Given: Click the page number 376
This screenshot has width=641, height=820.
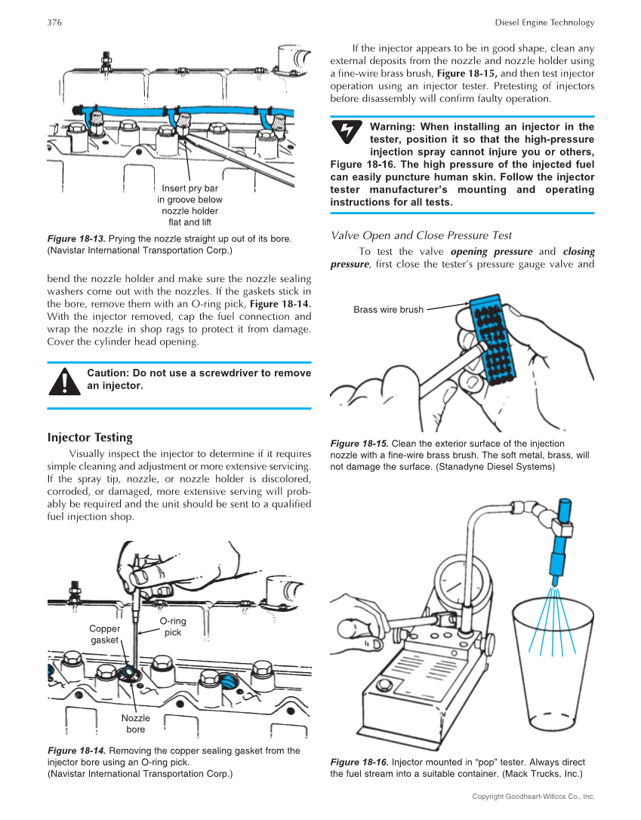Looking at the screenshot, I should coord(54,23).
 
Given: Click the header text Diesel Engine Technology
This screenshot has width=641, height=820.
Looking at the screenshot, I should coord(544,23).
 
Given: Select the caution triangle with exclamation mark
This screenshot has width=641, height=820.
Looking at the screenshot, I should coord(64,380).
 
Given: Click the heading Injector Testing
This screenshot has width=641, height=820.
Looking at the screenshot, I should coord(90,438).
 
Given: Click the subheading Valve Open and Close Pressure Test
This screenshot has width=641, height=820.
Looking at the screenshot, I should coord(421,235).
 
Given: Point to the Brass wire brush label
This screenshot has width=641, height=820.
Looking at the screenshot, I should coord(388,309).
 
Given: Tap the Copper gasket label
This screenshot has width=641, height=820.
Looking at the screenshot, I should coord(104,634).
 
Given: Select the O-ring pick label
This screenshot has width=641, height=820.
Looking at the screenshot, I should coord(173,626).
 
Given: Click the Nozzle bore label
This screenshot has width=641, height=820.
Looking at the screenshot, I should coord(136,723).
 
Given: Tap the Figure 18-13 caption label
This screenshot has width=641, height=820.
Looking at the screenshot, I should coord(76,239).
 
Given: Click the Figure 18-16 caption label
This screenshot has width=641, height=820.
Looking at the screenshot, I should coord(359,762).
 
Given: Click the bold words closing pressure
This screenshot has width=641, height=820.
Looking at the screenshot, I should coord(578,252).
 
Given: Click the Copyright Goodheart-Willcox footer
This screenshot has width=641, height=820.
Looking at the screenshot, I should coord(533,797).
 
